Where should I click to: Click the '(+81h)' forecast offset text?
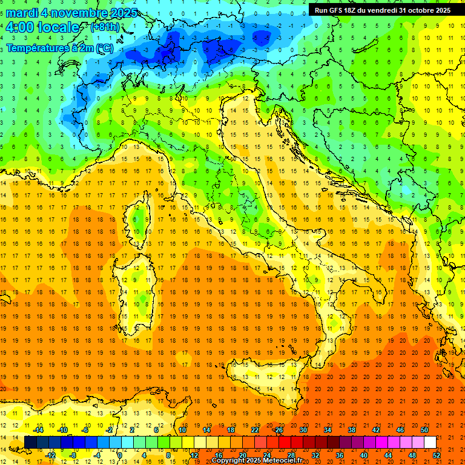click(105, 27)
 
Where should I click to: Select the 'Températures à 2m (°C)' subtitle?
click(59, 47)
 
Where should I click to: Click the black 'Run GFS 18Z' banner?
click(382, 10)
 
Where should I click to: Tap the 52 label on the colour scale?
click(437, 455)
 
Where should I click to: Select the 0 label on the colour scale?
click(120, 455)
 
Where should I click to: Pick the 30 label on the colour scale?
click(303, 430)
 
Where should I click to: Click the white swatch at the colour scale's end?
click(430, 442)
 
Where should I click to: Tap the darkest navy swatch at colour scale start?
click(31, 442)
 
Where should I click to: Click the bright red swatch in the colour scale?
click(285, 442)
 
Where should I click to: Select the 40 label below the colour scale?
click(363, 455)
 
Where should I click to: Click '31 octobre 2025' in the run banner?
click(424, 10)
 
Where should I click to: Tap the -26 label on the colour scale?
click(278, 430)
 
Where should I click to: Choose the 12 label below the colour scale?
click(194, 455)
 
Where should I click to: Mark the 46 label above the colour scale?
click(400, 430)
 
